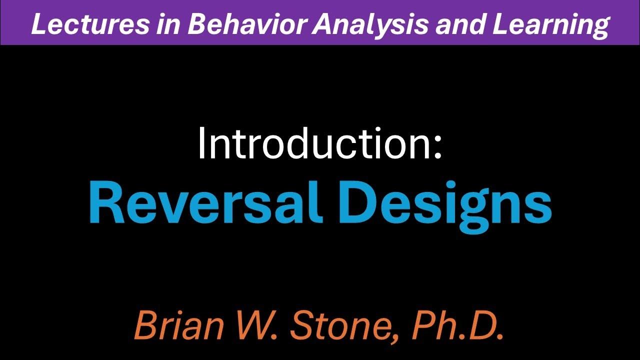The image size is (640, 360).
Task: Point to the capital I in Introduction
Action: pos(202,143)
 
